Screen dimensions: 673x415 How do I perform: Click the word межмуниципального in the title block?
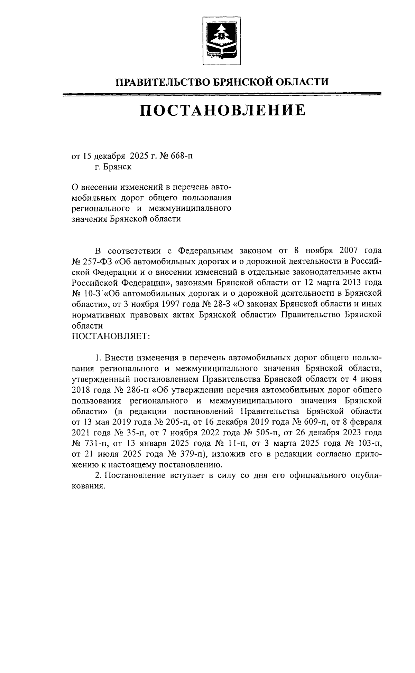point(190,209)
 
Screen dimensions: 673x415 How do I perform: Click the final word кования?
point(88,486)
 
